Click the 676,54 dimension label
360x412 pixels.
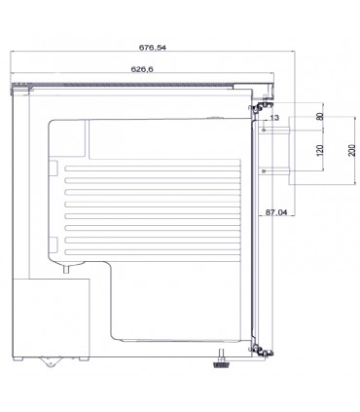[x=153, y=48]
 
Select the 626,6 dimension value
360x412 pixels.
[x=142, y=69]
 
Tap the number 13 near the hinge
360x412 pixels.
[x=274, y=118]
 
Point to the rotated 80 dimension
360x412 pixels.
[x=320, y=116]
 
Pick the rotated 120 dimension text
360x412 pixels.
[x=320, y=150]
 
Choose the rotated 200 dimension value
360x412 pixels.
[x=352, y=150]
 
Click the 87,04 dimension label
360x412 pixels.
[x=276, y=212]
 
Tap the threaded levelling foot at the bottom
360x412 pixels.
[x=222, y=359]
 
